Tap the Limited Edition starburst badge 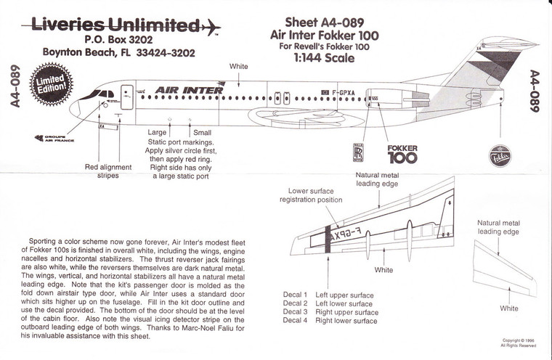click(x=54, y=85)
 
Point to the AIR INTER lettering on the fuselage click(x=178, y=90)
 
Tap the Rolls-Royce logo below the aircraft click(x=357, y=153)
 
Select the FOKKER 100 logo click(x=402, y=155)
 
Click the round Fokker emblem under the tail click(x=500, y=155)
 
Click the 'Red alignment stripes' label click(x=107, y=172)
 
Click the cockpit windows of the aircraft click(x=104, y=94)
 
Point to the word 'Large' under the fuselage click(x=158, y=133)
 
